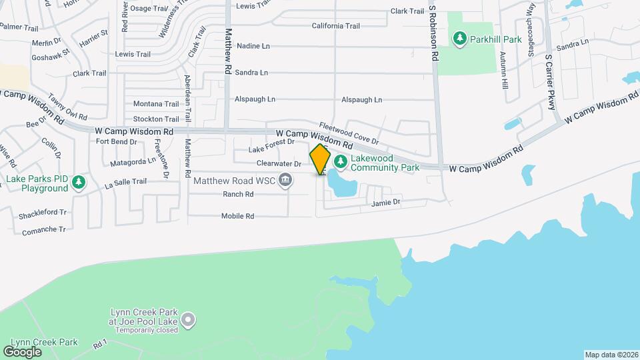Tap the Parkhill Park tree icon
[459, 39]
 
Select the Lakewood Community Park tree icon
[340, 161]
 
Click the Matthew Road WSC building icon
[286, 180]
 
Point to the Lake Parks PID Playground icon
[79, 182]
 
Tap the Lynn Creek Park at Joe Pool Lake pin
[189, 321]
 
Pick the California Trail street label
[335, 26]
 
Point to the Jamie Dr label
[385, 202]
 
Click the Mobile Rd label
[238, 216]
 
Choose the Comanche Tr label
[44, 229]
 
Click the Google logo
[23, 351]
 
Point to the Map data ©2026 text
[611, 355]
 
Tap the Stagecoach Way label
[531, 41]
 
